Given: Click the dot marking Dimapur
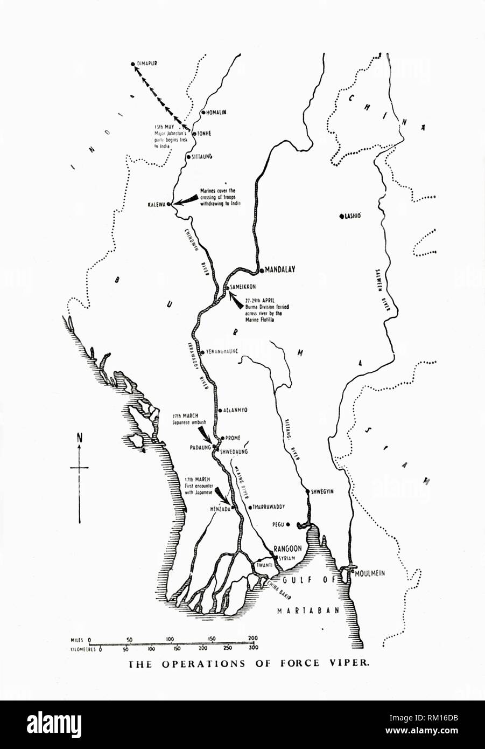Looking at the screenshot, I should pos(133,65).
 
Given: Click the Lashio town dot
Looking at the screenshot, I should pos(341,217).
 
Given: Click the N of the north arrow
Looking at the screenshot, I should pos(80,438).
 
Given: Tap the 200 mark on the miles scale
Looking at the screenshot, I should pos(252,639).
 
